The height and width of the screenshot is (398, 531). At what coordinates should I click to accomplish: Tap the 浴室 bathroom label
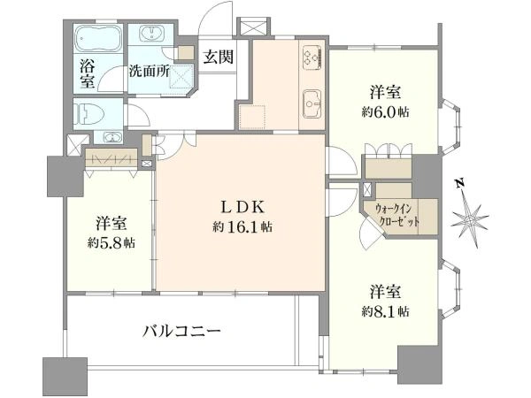pyautogui.click(x=87, y=73)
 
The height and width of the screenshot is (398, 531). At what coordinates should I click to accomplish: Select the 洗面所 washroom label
pyautogui.click(x=148, y=71)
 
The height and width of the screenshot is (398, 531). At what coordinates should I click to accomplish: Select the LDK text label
pyautogui.click(x=242, y=209)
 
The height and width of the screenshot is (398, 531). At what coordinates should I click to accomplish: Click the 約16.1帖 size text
pyautogui.click(x=242, y=227)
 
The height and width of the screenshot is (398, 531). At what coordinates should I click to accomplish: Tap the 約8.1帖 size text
pyautogui.click(x=384, y=311)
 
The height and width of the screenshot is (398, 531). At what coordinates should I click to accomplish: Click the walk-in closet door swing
pyautogui.click(x=370, y=235)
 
